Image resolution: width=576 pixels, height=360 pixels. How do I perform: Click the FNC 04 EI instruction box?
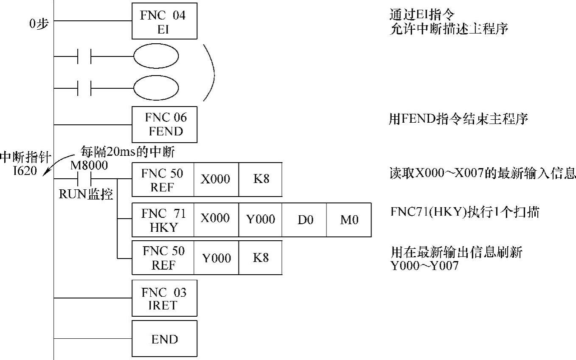pos(165,21)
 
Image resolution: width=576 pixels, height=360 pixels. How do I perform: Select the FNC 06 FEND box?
pos(165,124)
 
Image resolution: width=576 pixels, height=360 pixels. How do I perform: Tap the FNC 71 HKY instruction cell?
pos(163,220)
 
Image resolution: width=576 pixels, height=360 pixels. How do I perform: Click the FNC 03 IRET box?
pos(165,298)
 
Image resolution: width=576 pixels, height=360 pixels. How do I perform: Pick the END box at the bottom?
pos(165,339)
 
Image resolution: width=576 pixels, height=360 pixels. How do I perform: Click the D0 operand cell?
pos(304,220)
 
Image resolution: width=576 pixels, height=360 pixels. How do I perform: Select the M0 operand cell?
pos(349,220)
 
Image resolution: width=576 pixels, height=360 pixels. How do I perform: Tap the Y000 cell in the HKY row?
pos(260,220)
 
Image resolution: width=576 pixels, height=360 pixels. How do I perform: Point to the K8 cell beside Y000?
pos(260,258)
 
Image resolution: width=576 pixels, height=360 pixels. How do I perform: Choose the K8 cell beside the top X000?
pos(260,179)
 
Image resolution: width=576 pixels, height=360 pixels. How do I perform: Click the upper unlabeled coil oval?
pos(156,56)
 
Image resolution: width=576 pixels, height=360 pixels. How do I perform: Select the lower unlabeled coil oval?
pos(156,88)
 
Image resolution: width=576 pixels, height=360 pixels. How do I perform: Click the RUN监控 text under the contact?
pos(85,194)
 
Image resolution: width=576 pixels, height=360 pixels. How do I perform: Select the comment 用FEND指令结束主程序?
pos(458,119)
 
